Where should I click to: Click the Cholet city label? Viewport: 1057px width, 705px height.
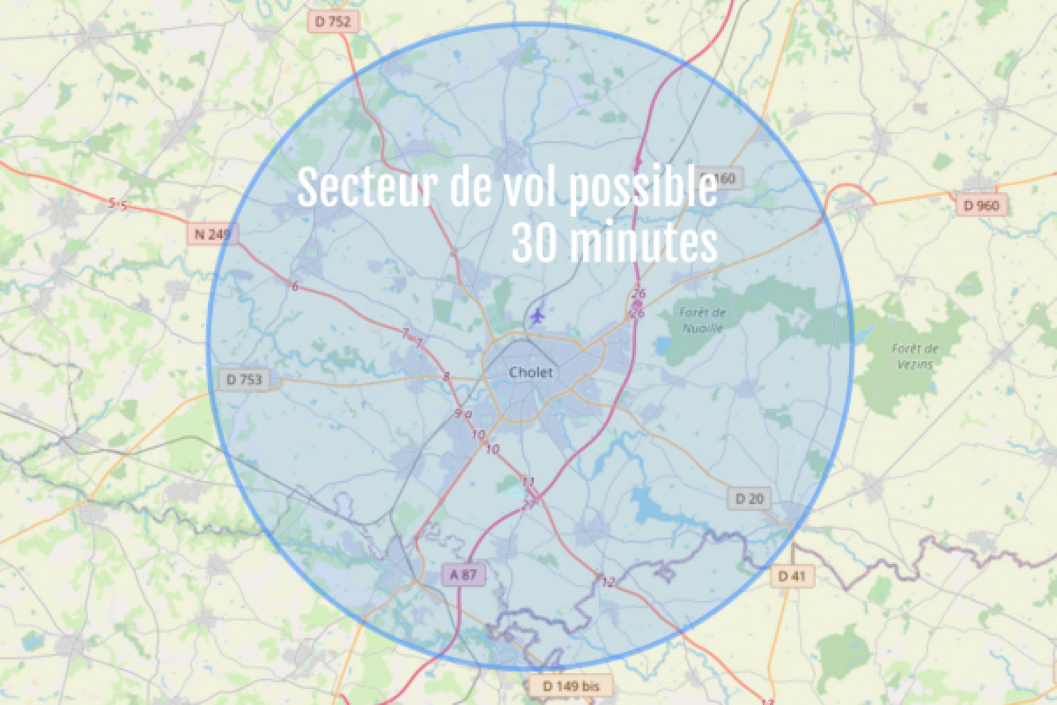click(x=531, y=373)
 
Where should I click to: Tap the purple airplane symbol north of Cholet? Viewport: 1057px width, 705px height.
click(x=538, y=314)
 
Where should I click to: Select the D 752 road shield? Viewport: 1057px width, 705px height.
click(x=332, y=22)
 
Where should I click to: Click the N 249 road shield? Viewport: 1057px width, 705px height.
click(x=211, y=234)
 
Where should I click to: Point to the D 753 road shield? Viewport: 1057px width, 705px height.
click(x=244, y=380)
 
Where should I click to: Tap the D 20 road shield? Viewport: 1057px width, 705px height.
click(x=749, y=499)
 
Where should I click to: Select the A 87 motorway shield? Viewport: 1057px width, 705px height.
click(x=462, y=575)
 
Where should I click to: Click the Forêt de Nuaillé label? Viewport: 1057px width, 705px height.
click(x=703, y=319)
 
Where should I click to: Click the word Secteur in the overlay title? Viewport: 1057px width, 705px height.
click(x=366, y=189)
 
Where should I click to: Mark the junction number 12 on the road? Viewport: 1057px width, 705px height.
click(x=608, y=582)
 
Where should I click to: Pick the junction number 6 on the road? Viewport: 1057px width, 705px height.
click(x=295, y=286)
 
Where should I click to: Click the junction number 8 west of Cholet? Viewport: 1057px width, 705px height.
click(x=446, y=377)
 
